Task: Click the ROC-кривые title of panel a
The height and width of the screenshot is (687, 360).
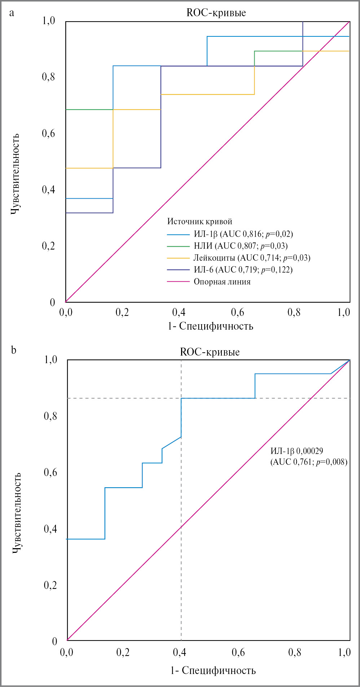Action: pos(216,13)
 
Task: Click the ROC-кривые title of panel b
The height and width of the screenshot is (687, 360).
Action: pos(210,352)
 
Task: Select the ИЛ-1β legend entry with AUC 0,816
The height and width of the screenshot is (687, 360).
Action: pos(243,234)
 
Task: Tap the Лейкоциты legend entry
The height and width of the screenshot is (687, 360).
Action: pos(252,258)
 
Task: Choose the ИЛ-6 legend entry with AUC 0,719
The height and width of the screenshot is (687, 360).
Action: pos(243,270)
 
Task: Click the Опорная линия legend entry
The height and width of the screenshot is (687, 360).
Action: pos(222,282)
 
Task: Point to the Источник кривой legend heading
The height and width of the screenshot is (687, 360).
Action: pos(199,221)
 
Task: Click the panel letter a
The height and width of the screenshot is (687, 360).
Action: pos(12,13)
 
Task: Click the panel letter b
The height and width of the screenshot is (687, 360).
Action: pos(13,350)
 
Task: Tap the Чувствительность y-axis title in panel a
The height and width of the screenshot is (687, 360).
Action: pos(15,174)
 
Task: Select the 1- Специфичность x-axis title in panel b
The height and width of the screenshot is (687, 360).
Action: pos(213,670)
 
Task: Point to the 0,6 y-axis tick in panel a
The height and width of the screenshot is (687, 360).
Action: pos(49,133)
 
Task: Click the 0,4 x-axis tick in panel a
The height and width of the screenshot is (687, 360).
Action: pos(179,312)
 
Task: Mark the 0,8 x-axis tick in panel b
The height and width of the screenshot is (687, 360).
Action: pos(294,652)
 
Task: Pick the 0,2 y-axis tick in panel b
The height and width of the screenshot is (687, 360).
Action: pos(51,585)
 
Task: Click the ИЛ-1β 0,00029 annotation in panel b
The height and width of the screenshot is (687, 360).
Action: pos(297,451)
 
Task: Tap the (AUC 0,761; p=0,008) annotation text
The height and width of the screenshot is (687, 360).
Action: pos(309,462)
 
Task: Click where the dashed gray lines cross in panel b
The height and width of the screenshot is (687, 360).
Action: pos(181,398)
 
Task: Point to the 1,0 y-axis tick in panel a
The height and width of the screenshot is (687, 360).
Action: pos(49,21)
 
